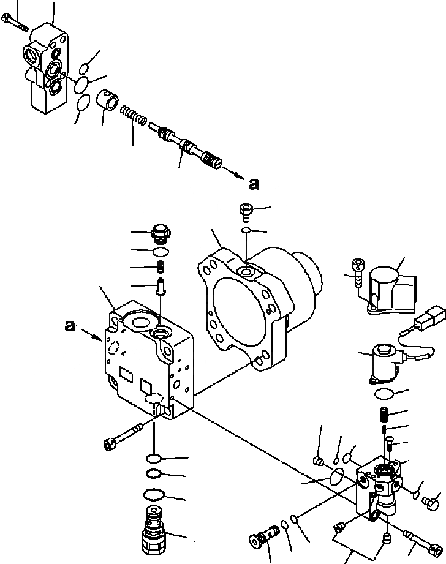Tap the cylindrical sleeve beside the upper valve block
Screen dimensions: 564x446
coord(109,99)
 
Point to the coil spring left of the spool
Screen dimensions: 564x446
coord(135,115)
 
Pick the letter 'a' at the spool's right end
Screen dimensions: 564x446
coord(254,182)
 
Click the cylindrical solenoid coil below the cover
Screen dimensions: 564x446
coord(382,363)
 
